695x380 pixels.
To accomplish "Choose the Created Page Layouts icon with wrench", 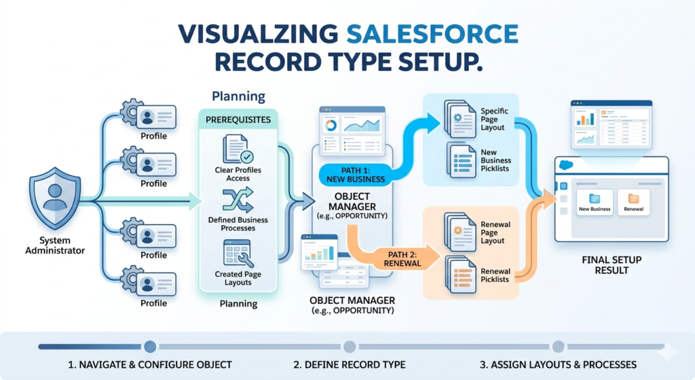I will click(238, 253).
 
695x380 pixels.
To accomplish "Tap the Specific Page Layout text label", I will click(495, 119).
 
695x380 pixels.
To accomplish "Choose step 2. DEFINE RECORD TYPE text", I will click(350, 364).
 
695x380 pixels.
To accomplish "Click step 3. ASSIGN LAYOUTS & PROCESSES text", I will click(558, 364).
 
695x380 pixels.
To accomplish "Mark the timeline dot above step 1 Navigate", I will click(150, 346).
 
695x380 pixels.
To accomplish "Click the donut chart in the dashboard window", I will click(331, 126).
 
